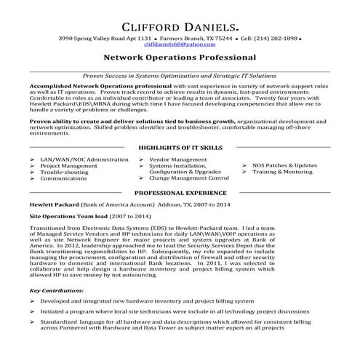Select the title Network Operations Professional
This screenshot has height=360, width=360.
[180, 57]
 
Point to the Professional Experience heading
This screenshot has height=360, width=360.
[180, 194]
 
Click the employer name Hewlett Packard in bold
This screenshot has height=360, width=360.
[57, 206]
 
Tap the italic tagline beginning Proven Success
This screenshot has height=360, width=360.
[180, 75]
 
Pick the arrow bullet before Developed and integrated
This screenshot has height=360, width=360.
[32, 300]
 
